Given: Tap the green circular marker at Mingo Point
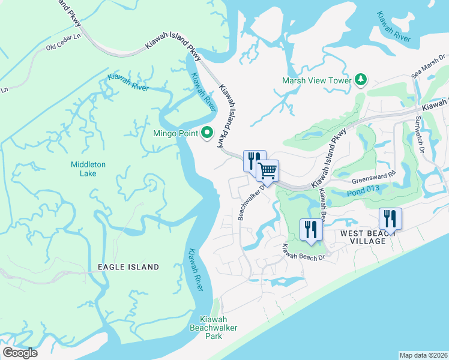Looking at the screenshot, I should (208, 133).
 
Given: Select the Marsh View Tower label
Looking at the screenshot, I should (317, 80).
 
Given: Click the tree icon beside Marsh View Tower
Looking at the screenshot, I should (361, 79).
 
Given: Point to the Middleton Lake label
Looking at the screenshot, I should (88, 169).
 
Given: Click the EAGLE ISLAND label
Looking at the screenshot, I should (129, 267).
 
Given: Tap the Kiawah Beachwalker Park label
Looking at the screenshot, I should (214, 328).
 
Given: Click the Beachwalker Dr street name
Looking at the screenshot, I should (251, 199).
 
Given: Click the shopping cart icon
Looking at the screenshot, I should (268, 170).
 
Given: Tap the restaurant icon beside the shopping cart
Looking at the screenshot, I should (254, 160).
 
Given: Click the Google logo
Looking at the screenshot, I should (20, 353).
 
